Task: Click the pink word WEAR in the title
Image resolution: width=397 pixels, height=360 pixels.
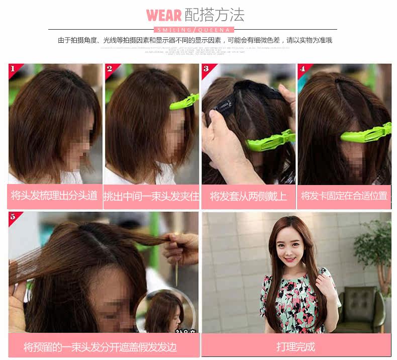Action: point(164,15)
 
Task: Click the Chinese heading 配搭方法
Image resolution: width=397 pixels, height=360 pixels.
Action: point(215,15)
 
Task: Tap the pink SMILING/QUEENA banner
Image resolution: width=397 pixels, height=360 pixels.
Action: point(198,30)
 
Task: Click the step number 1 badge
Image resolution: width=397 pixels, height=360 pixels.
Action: point(14,69)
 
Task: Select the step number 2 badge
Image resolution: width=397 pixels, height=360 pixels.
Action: point(110,69)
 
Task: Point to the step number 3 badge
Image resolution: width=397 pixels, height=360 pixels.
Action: point(207,69)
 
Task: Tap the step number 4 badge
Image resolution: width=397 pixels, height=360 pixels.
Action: point(303,69)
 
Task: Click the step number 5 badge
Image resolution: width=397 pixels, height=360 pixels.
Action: point(14,217)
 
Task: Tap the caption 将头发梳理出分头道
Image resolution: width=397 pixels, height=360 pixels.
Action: point(54,196)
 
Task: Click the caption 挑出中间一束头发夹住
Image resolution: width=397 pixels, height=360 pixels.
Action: point(151,196)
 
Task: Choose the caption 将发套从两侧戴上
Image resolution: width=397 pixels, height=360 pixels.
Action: point(248,196)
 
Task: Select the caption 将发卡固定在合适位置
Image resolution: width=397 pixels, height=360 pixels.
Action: point(344,196)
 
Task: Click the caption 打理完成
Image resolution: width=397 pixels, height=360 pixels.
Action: point(295,346)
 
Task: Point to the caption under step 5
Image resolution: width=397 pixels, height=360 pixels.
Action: point(100,347)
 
